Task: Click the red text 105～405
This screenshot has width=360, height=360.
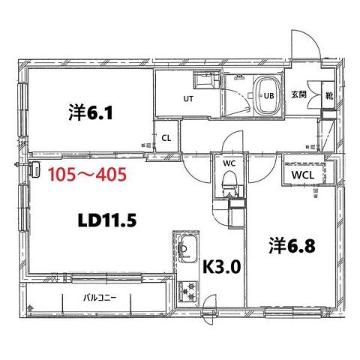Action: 85,176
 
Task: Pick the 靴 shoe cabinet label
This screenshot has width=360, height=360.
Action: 330,95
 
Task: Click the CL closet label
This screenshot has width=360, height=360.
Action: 166,138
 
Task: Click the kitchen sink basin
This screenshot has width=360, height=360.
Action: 187,246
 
